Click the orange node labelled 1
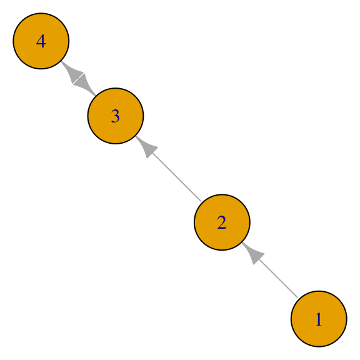319,319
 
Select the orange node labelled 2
222,222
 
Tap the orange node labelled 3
116,116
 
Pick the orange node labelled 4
41,41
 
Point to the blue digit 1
319,319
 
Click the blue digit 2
222,222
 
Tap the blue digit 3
115,116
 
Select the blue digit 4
41,41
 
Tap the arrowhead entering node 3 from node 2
146,147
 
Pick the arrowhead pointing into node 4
72,72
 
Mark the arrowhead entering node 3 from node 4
85,85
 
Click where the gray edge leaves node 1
298,298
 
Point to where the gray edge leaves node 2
201,201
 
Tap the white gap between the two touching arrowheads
78,79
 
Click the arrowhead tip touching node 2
242,242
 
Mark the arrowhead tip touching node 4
61,61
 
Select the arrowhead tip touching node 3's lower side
136,136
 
